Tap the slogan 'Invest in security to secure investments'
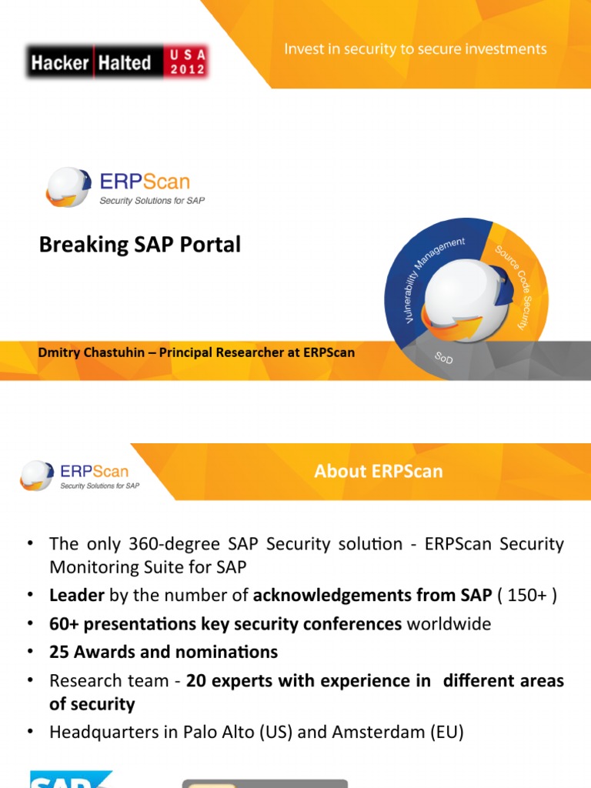click(x=416, y=49)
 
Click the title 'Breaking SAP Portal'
click(x=140, y=245)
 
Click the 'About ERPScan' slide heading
click(x=378, y=471)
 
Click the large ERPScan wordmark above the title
click(x=145, y=183)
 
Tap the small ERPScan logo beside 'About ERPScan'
click(x=80, y=475)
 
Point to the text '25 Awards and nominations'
click(x=163, y=652)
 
